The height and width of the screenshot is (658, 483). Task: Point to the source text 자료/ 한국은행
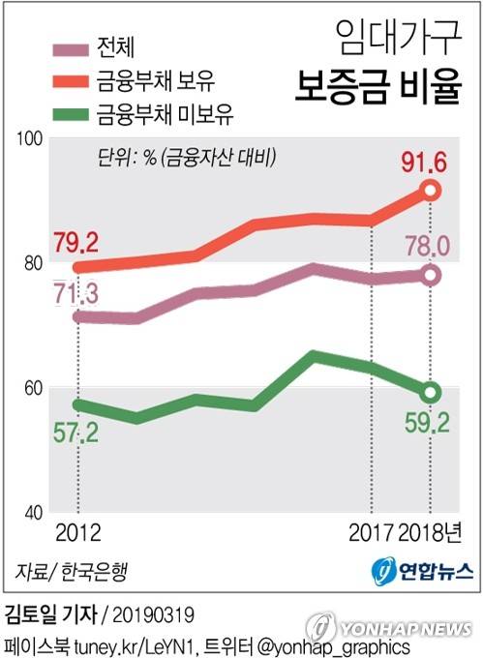(71, 569)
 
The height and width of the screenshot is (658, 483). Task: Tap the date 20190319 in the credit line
(156, 614)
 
